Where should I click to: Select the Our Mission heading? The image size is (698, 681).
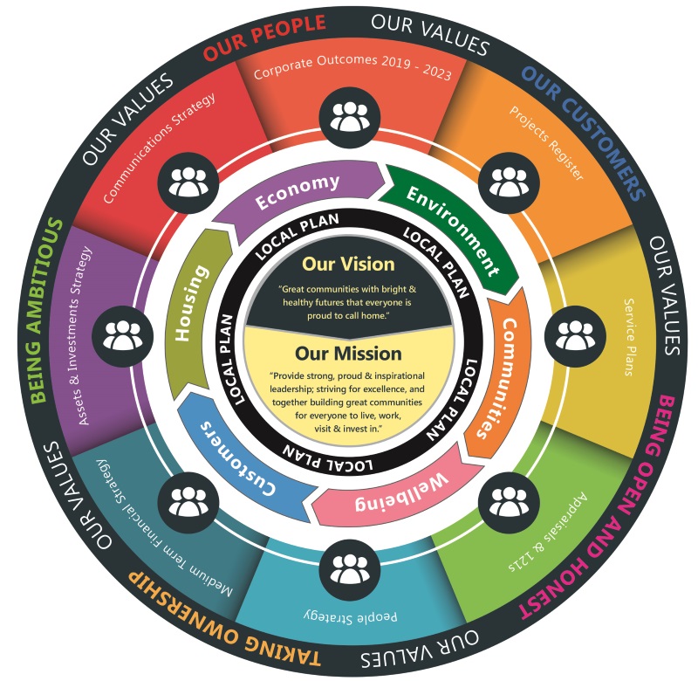coord(348,354)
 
